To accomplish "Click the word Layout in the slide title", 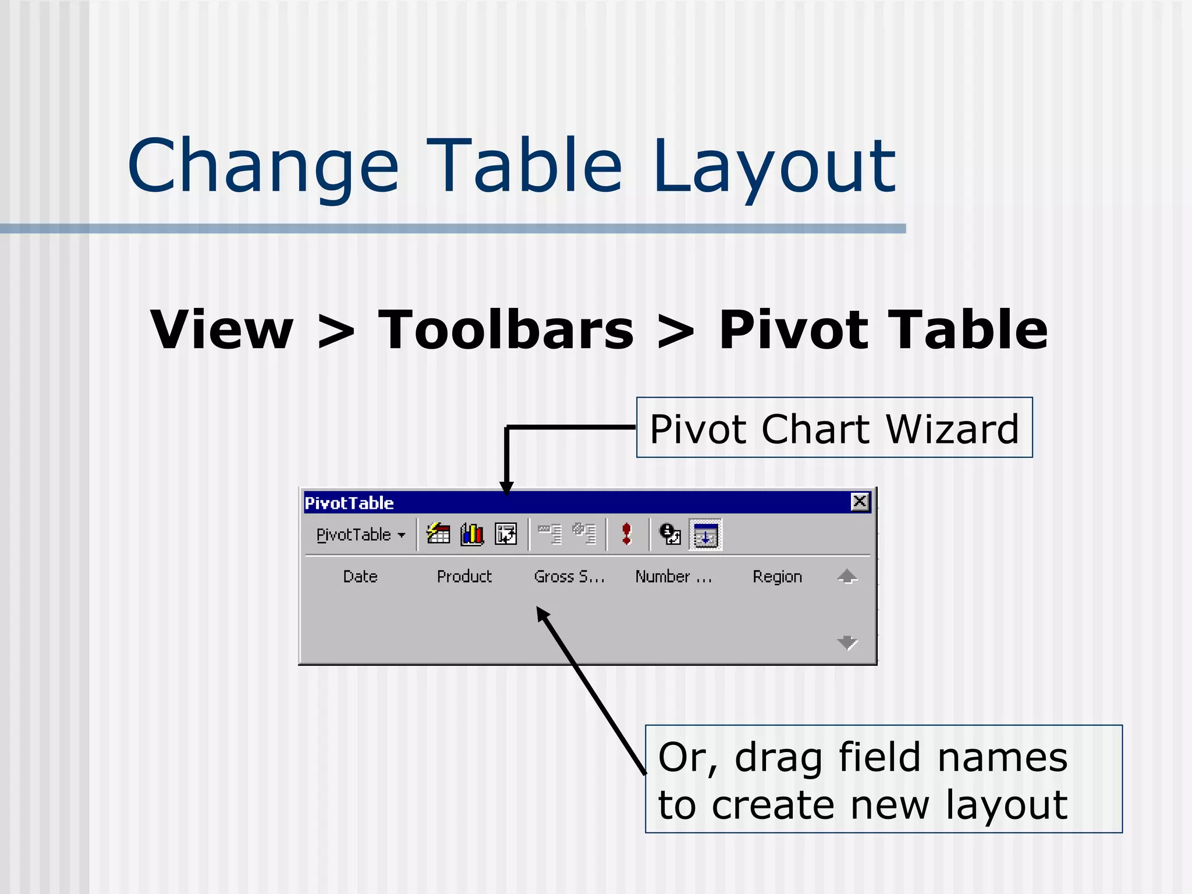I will [x=774, y=169].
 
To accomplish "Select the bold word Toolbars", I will [x=506, y=330].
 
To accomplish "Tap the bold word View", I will [x=222, y=330].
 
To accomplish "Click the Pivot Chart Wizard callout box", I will [x=834, y=428].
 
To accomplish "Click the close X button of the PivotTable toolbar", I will [x=860, y=502].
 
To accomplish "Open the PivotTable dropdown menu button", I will [x=360, y=535].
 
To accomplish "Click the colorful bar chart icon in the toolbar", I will [x=472, y=534].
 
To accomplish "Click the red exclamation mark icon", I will [x=626, y=534].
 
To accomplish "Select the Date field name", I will [x=360, y=577].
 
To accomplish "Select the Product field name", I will [x=464, y=577].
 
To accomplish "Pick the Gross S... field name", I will [x=569, y=577].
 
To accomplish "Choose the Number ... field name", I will [x=673, y=577].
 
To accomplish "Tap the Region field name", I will [x=777, y=577].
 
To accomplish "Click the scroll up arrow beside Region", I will [x=847, y=577].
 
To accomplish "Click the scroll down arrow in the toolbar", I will [x=847, y=643].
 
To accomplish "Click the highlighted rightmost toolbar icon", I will [x=705, y=535].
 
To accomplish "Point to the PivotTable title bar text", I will [x=349, y=503].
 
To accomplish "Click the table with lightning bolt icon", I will [x=438, y=534].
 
